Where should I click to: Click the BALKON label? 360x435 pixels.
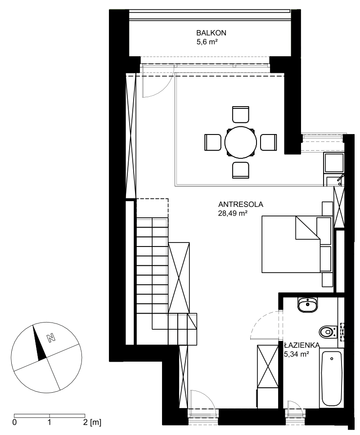click(211, 33)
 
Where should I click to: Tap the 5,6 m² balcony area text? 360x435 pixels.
click(207, 42)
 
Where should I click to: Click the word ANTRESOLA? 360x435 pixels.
click(241, 205)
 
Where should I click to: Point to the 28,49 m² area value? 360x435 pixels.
click(233, 214)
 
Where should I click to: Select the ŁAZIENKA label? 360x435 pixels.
click(301, 345)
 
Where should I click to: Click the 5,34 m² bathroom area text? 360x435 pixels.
click(297, 354)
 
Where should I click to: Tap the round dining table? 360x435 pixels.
click(240, 142)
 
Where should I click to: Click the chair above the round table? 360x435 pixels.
click(240, 114)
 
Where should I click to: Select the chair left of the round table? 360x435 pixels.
click(213, 142)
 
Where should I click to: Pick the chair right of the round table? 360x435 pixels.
click(268, 142)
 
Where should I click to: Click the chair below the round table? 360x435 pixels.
click(240, 170)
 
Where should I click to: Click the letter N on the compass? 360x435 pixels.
click(51, 338)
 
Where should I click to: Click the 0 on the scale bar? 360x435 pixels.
click(14, 422)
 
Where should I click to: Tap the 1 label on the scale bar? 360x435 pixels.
click(49, 422)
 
